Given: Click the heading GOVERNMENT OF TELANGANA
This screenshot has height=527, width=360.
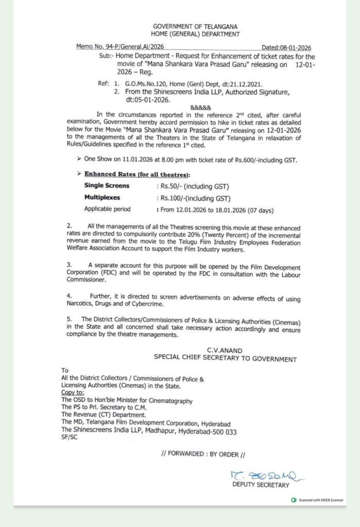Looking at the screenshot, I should [195, 26].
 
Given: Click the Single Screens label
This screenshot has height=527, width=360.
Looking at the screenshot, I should [107, 185].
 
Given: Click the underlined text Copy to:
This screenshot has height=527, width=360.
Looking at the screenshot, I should [73, 393].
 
